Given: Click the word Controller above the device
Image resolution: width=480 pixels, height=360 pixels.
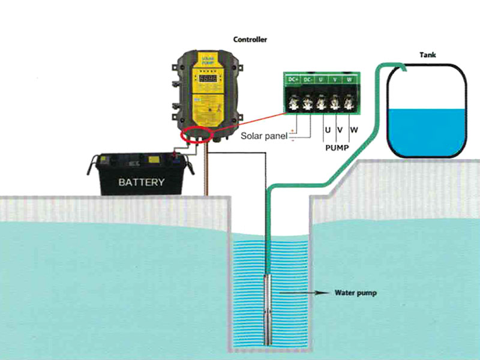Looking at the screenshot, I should (x=250, y=40).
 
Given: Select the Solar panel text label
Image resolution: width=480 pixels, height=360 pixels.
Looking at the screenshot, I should (x=264, y=136).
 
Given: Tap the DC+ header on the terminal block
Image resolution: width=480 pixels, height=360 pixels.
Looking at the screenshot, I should (x=293, y=79).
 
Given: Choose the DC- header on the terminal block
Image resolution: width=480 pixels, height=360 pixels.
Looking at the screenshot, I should (x=308, y=79).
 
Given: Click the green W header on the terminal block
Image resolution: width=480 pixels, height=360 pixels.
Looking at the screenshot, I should (x=350, y=79).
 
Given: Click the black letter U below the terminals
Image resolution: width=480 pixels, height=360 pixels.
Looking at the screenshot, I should (x=328, y=130).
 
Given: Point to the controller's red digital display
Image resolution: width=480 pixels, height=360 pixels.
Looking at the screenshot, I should (x=208, y=79).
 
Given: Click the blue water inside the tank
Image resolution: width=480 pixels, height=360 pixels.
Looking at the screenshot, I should (x=427, y=129).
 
